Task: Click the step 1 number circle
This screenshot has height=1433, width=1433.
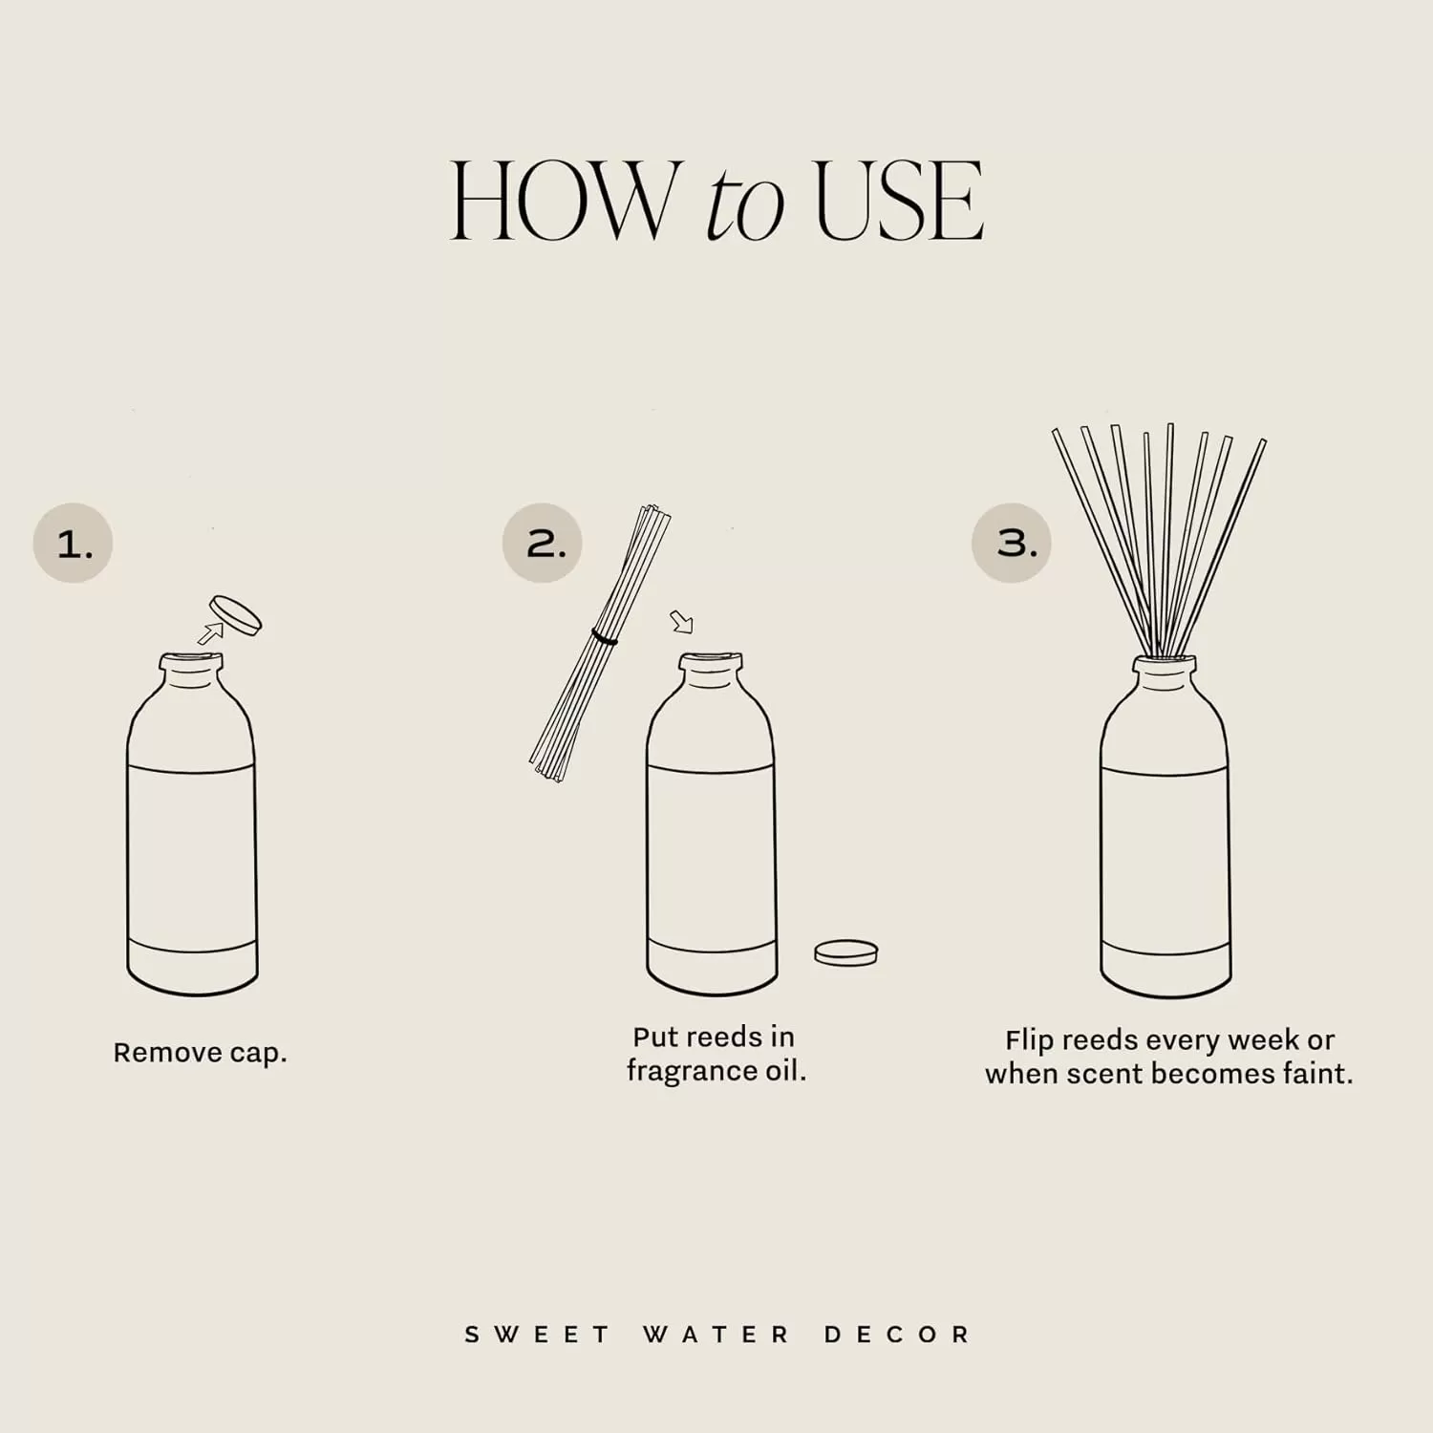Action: click(x=73, y=543)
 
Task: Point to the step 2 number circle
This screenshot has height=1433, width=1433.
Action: click(x=542, y=543)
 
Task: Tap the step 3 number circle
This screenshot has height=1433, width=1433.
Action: click(x=1012, y=543)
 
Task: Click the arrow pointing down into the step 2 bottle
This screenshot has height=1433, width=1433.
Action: click(x=681, y=622)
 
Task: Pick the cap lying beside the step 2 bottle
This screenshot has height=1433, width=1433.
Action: click(x=845, y=952)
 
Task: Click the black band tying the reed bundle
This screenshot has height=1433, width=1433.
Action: click(x=604, y=636)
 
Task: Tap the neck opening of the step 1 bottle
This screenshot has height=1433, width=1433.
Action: click(x=191, y=660)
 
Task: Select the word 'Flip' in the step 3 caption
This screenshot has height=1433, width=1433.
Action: click(x=1029, y=1040)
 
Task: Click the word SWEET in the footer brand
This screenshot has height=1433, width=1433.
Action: click(x=537, y=1335)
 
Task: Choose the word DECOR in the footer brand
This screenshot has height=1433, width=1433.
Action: click(x=897, y=1335)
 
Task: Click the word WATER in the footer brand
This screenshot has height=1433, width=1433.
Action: click(x=716, y=1335)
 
